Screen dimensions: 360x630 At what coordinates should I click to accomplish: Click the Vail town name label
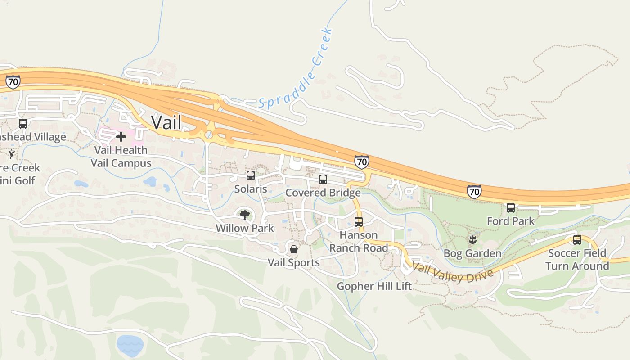(166, 122)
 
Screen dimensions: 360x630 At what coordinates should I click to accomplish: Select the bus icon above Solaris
(251, 175)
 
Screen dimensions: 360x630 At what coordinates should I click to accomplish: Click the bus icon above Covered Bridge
(323, 180)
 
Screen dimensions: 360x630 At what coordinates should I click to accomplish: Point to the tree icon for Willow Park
(245, 215)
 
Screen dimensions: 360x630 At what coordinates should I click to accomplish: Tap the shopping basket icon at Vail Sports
(294, 249)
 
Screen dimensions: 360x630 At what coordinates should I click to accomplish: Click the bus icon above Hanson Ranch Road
(359, 221)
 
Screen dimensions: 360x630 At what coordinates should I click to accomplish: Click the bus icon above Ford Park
(511, 208)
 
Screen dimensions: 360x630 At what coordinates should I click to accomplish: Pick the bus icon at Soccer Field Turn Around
(577, 240)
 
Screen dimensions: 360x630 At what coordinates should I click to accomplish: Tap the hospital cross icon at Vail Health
(121, 137)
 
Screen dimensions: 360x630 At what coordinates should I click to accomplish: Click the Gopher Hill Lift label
(374, 286)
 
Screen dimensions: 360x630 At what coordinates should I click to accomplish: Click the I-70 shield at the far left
(13, 82)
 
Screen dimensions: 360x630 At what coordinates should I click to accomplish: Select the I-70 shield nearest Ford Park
(474, 192)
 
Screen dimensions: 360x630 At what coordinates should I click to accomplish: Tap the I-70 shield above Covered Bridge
(361, 162)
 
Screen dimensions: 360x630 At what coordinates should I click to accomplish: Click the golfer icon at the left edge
(12, 155)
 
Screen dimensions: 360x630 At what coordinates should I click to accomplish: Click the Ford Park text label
(511, 221)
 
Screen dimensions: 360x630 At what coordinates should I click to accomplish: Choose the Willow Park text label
(245, 228)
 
